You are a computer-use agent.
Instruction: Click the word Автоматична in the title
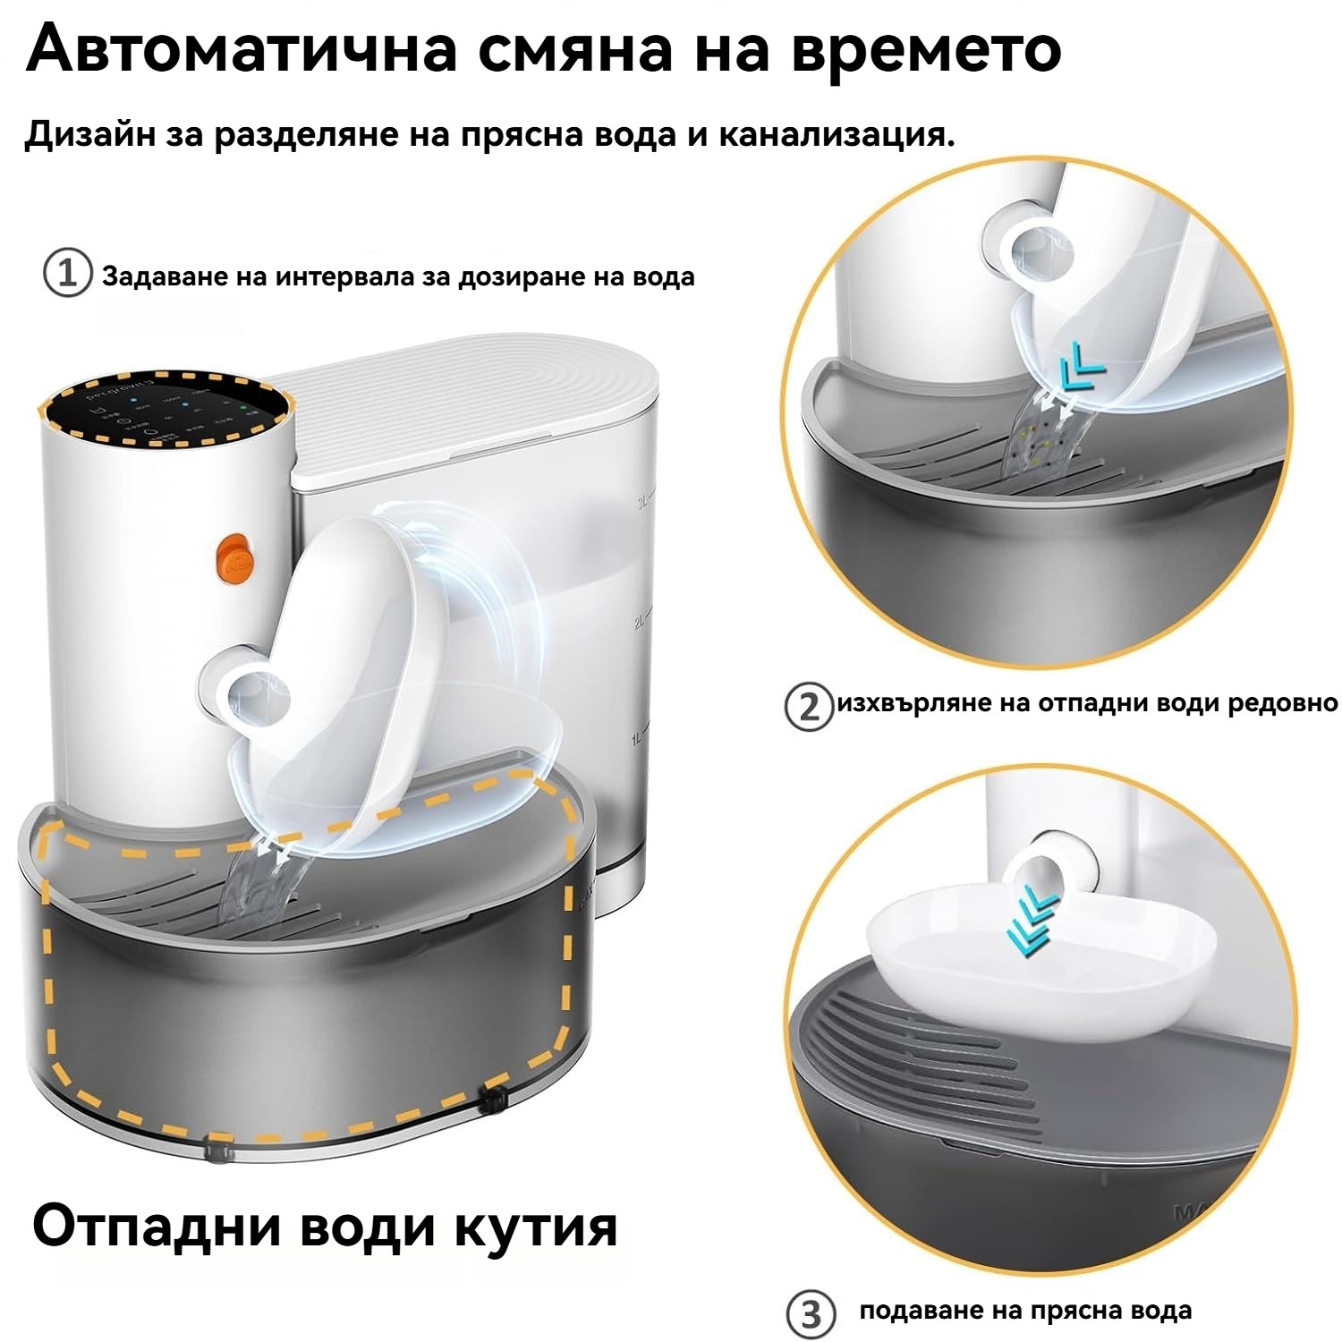pyautogui.click(x=239, y=49)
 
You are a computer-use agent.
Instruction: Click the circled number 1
pyautogui.click(x=68, y=274)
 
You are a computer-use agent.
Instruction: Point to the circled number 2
pyautogui.click(x=808, y=707)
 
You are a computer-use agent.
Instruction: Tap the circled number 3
pyautogui.click(x=811, y=1315)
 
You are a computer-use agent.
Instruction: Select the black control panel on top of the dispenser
pyautogui.click(x=166, y=413)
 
